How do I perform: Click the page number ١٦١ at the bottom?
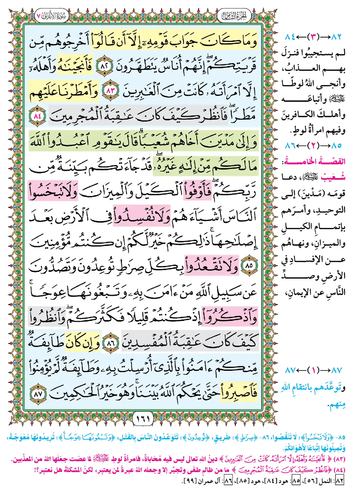[143, 418]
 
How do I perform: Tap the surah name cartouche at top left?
[52, 15]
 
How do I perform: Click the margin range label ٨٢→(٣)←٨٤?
[313, 37]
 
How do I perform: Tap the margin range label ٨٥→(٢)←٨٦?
[313, 145]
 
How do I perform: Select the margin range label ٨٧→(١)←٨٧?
[313, 370]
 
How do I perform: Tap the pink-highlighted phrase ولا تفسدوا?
[142, 216]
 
